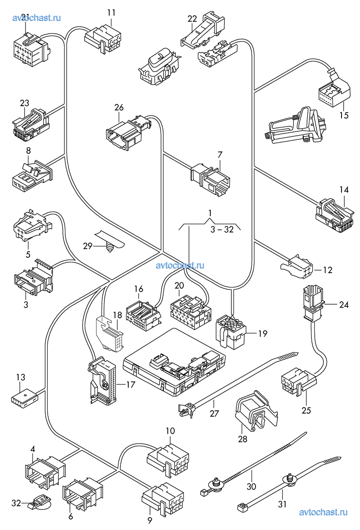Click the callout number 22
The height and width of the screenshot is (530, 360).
pyautogui.click(x=192, y=19)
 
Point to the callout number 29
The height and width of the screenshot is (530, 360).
pyautogui.click(x=88, y=246)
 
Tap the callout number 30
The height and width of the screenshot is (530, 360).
pyautogui.click(x=252, y=486)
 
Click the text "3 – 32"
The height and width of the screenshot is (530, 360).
pyautogui.click(x=222, y=229)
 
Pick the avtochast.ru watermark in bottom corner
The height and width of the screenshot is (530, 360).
pyautogui.click(x=323, y=512)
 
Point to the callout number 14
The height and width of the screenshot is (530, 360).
pyautogui.click(x=344, y=190)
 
